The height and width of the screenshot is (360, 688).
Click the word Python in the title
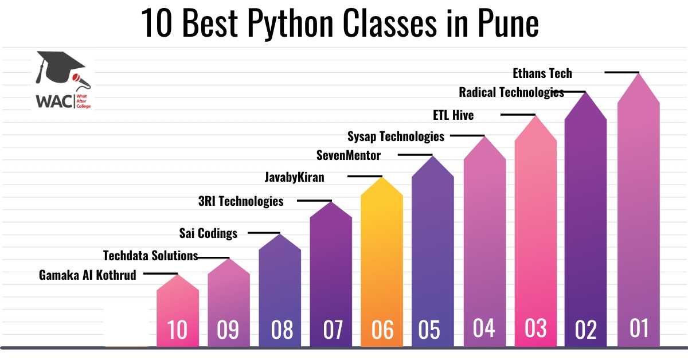point(290,24)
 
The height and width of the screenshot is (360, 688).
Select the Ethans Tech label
point(542,73)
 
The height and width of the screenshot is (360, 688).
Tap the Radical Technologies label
point(511,92)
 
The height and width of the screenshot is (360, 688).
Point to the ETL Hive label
point(454,115)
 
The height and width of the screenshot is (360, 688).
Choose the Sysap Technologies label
point(396,136)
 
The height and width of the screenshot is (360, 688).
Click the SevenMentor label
point(349,155)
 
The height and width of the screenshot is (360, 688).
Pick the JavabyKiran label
point(295,178)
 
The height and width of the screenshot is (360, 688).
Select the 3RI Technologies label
point(241,202)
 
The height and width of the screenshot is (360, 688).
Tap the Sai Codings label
point(208,233)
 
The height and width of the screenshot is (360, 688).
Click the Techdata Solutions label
point(150,256)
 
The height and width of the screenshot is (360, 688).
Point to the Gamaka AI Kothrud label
point(88,275)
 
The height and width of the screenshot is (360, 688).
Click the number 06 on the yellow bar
point(382,330)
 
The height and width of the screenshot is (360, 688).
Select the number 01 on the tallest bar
point(639,328)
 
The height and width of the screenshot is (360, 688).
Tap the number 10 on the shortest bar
point(177,330)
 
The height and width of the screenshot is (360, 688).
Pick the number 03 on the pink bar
point(535,328)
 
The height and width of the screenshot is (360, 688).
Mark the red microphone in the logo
point(81,81)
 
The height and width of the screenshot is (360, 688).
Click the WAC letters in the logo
point(54,101)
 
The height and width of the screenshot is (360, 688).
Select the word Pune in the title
point(508,24)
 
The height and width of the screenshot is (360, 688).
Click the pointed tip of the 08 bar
point(280,234)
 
